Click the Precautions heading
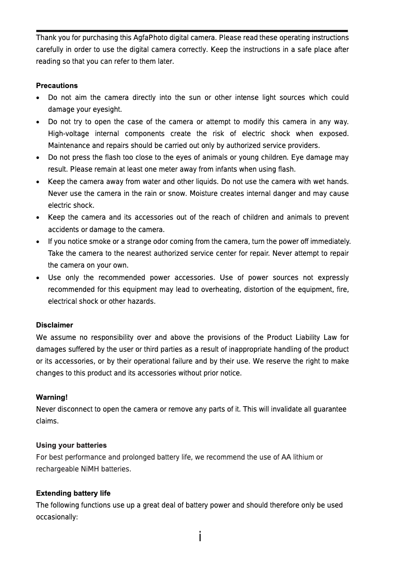click(57, 86)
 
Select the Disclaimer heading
click(54, 325)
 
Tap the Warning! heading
click(52, 397)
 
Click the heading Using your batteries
click(71, 445)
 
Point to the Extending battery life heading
click(73, 493)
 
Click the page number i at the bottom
click(199, 537)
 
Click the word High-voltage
click(67, 134)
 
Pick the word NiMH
click(90, 469)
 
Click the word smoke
click(99, 241)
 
